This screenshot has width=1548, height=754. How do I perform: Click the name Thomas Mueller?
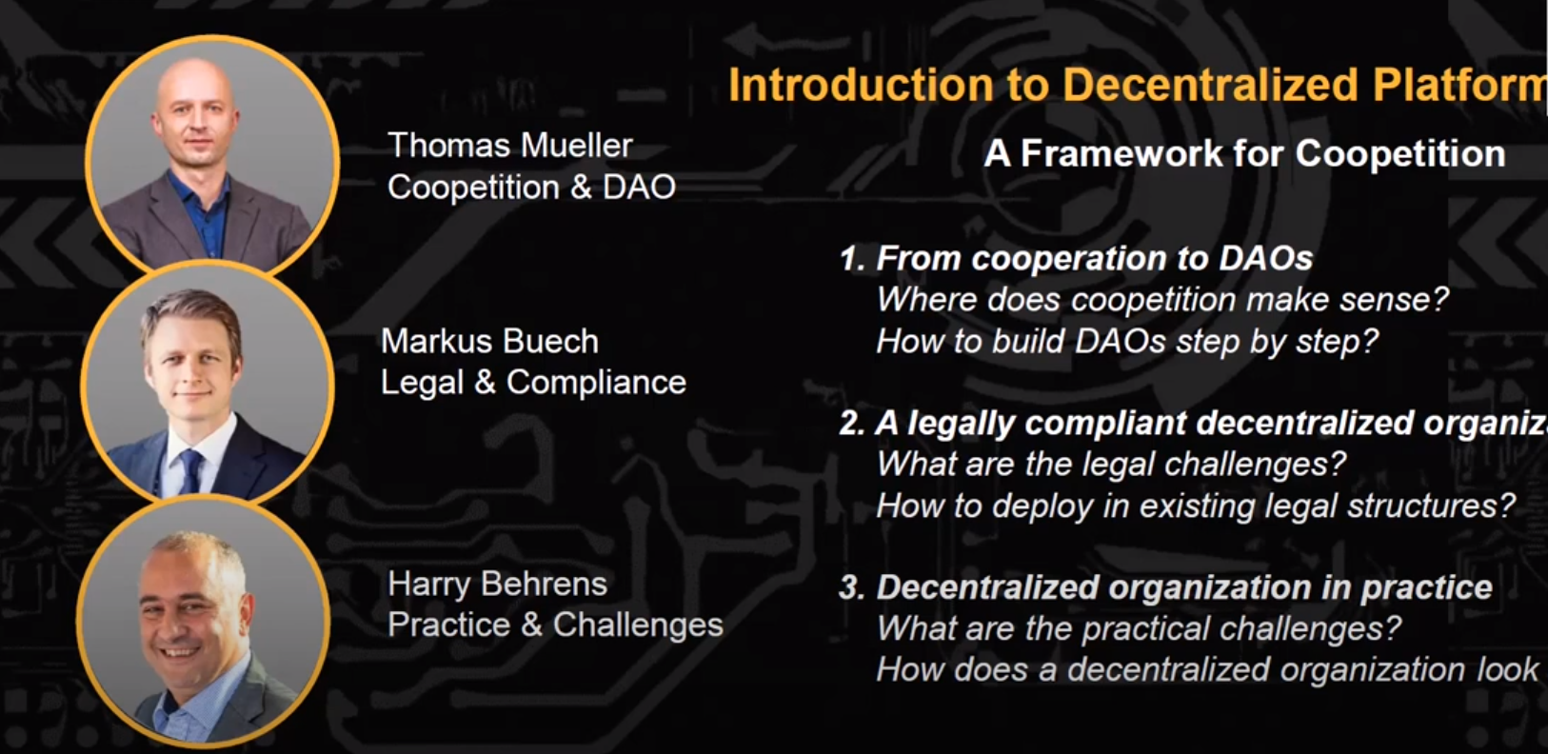510,146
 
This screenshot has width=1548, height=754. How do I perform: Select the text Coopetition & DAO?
531,188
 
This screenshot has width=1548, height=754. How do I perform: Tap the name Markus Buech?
490,342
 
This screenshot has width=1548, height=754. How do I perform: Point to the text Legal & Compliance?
533,383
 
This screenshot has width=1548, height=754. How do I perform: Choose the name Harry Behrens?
498,584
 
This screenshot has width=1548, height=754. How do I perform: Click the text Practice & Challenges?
556,625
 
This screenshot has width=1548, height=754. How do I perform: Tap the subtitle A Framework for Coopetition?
1244,153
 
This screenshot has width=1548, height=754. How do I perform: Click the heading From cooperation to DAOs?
1094,259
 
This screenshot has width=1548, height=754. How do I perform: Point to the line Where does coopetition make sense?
1162,300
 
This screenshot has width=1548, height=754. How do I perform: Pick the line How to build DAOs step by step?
1127,342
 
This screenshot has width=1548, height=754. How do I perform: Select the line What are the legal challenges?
1111,464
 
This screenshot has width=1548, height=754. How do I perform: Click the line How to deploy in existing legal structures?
1196,506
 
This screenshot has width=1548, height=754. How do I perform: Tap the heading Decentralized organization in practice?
1184,587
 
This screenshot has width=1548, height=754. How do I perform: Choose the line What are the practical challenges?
1139,628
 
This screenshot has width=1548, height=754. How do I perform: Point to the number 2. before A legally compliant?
851,424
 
